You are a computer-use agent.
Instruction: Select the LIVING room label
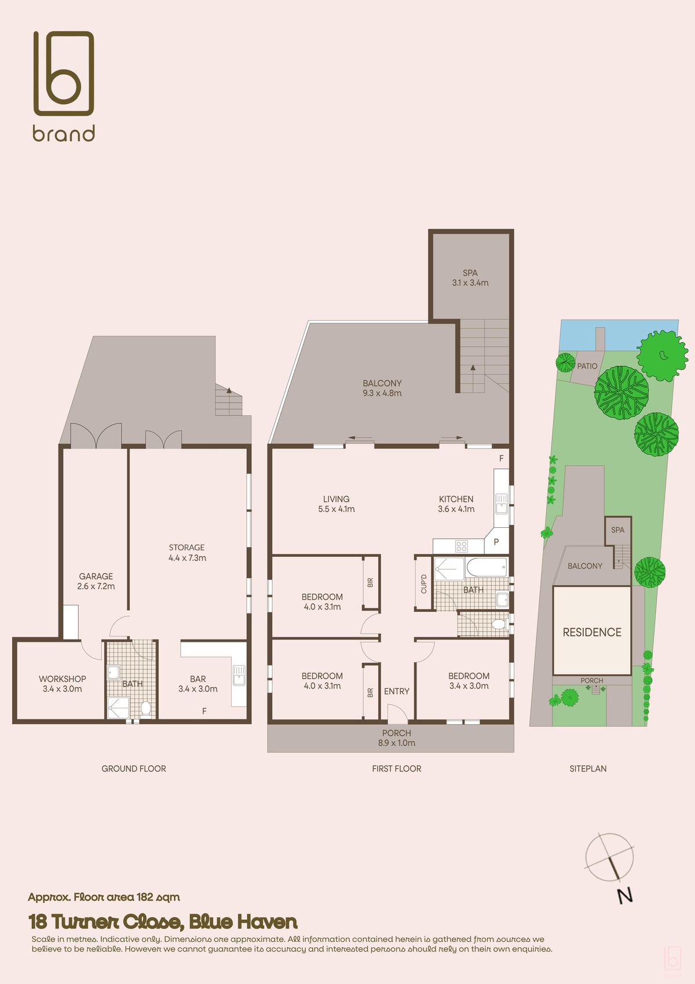click(x=336, y=499)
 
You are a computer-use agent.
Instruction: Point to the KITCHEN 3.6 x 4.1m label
click(x=456, y=504)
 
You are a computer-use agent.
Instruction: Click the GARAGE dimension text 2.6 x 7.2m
click(x=96, y=586)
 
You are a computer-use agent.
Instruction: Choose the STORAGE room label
click(x=186, y=548)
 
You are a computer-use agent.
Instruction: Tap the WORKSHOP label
click(x=63, y=679)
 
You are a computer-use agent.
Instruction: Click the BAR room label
click(x=197, y=679)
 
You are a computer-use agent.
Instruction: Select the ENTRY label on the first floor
click(x=397, y=691)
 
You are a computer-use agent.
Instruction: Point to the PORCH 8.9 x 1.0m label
click(x=397, y=738)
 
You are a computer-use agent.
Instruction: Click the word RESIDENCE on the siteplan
click(x=592, y=632)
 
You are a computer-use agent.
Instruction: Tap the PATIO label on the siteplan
click(x=587, y=366)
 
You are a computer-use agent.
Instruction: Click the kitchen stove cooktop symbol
click(x=461, y=546)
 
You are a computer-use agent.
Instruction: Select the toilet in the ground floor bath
click(x=145, y=709)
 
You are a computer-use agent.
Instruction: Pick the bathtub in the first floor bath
click(x=487, y=567)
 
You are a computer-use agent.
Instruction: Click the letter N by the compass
click(x=624, y=895)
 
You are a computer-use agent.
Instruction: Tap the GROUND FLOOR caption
click(x=134, y=769)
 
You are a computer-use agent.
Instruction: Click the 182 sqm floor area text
click(x=158, y=897)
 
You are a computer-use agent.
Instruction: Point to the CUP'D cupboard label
click(x=424, y=583)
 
